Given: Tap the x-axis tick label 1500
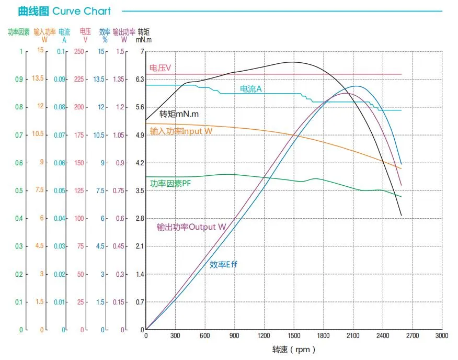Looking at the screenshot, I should (294, 336).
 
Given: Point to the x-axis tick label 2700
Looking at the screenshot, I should (412, 336).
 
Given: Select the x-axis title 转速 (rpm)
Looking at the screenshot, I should (294, 350).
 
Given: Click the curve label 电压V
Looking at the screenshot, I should (161, 68).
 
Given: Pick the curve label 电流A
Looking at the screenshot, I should (251, 89).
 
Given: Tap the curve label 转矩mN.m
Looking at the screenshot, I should (179, 114).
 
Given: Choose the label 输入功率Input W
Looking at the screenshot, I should (181, 131).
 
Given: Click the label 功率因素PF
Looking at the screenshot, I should (170, 184).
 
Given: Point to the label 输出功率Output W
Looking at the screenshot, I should (191, 227).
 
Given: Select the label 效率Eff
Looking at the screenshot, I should (224, 265).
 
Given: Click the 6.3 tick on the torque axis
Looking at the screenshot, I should (139, 80).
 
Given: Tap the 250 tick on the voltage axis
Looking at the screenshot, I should (79, 52).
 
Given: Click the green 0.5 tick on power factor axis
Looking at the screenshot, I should (19, 191).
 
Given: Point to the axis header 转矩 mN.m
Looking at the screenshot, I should (144, 36).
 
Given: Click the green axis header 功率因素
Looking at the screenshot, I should (19, 32).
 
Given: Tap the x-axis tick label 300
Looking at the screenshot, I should (175, 336).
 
